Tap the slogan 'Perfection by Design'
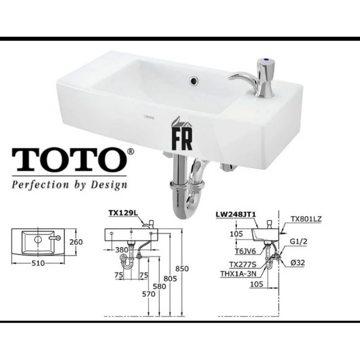[69, 185]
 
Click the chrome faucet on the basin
[255, 78]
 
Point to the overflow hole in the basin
[194, 81]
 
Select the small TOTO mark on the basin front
[149, 118]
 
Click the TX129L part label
[123, 213]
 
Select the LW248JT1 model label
[236, 214]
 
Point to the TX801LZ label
[306, 219]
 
